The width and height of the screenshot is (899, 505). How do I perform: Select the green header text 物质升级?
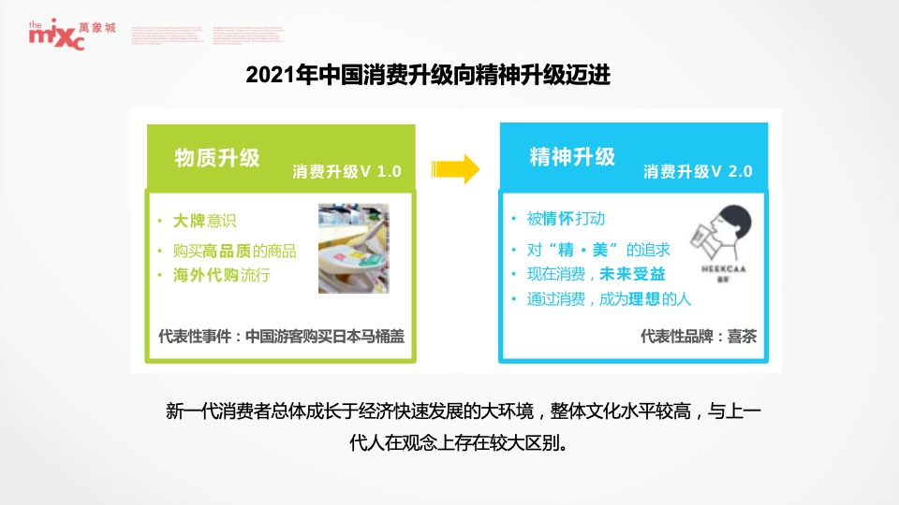click(217, 157)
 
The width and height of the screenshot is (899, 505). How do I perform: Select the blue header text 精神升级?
click(572, 157)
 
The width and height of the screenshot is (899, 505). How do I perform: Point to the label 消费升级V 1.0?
click(346, 172)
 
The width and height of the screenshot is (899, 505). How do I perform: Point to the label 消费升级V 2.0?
click(698, 172)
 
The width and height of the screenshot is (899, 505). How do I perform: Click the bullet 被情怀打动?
click(566, 219)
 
